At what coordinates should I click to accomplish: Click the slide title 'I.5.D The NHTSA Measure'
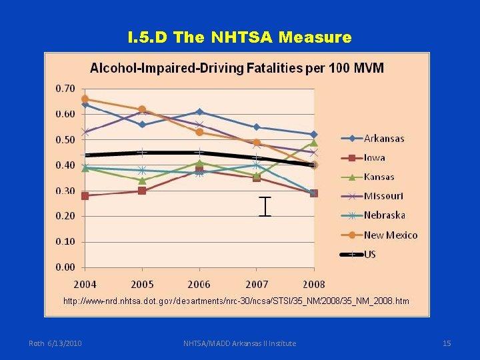click(239, 37)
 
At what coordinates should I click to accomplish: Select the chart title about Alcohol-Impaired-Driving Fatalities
click(237, 68)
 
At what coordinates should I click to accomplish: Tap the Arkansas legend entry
click(383, 139)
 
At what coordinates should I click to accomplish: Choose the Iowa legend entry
click(374, 158)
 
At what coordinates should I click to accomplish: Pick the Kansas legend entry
click(379, 177)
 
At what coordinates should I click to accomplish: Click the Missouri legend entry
click(383, 196)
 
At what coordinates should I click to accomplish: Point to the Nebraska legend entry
click(384, 215)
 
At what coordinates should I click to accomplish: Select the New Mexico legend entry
click(390, 235)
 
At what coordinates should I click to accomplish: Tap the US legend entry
click(369, 254)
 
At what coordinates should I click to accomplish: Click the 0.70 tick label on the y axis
click(65, 88)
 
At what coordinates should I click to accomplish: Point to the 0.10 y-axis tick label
click(65, 242)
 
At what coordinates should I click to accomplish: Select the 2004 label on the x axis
click(85, 285)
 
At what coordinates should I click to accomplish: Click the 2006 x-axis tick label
click(199, 285)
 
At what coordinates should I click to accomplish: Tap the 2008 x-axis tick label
click(314, 285)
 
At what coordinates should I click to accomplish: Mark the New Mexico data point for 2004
click(85, 99)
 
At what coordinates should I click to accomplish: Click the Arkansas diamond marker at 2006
click(199, 112)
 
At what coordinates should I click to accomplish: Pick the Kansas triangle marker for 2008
click(314, 143)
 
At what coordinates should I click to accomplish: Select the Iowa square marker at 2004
click(85, 196)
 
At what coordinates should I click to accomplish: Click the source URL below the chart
click(236, 301)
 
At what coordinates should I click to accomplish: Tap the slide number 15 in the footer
click(447, 343)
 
